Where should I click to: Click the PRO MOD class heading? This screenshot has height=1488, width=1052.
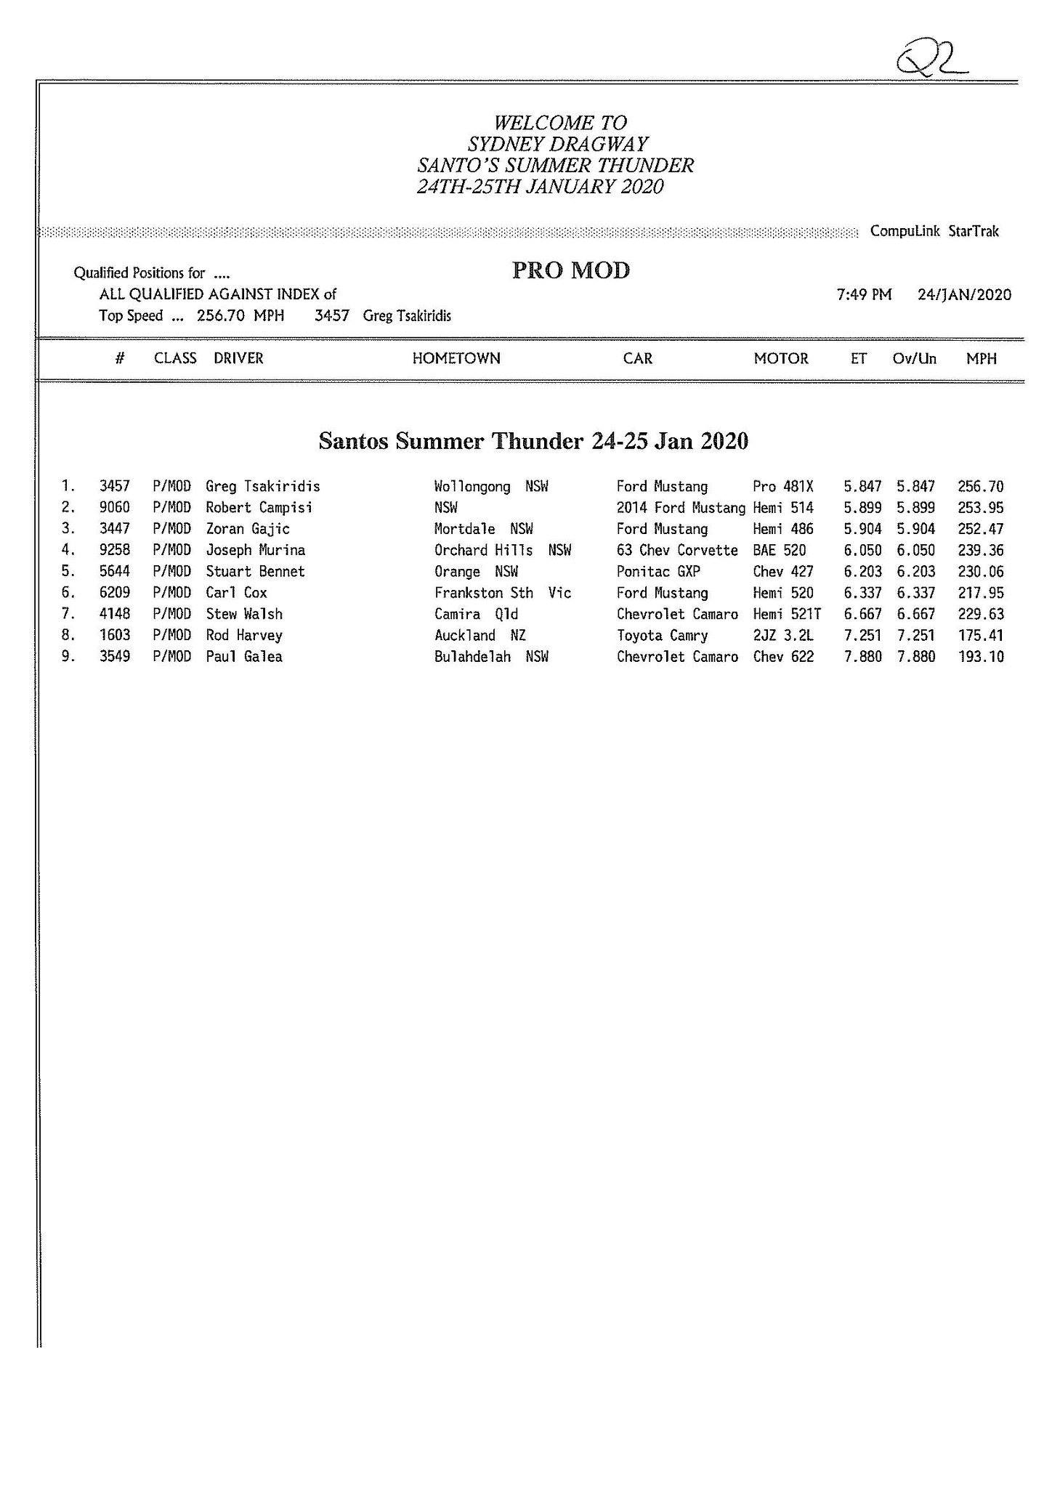(571, 270)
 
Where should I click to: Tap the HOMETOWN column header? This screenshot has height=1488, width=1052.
(456, 358)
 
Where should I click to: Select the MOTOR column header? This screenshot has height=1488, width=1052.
(781, 358)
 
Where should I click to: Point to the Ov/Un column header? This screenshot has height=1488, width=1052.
(914, 358)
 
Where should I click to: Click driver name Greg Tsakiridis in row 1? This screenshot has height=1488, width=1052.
(263, 486)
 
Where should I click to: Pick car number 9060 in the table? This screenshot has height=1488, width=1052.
(115, 507)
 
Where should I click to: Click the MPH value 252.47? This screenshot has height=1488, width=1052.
(981, 529)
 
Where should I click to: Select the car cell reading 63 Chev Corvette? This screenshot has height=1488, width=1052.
(677, 550)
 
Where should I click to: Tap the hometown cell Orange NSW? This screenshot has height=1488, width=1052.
(476, 571)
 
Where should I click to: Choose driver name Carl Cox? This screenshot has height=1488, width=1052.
(237, 593)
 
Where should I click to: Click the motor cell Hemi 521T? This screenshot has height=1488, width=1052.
(787, 614)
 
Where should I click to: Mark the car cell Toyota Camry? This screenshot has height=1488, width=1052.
(662, 636)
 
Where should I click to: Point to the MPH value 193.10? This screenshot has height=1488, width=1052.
(981, 657)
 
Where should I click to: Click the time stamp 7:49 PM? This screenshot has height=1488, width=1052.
(864, 294)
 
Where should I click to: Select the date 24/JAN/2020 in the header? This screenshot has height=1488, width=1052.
(964, 294)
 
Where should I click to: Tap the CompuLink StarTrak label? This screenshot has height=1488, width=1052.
(934, 231)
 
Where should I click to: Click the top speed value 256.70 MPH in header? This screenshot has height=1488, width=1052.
(240, 315)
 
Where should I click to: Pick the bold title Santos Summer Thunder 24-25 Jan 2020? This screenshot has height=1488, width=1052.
(533, 441)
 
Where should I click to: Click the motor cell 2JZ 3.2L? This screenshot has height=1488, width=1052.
(783, 636)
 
